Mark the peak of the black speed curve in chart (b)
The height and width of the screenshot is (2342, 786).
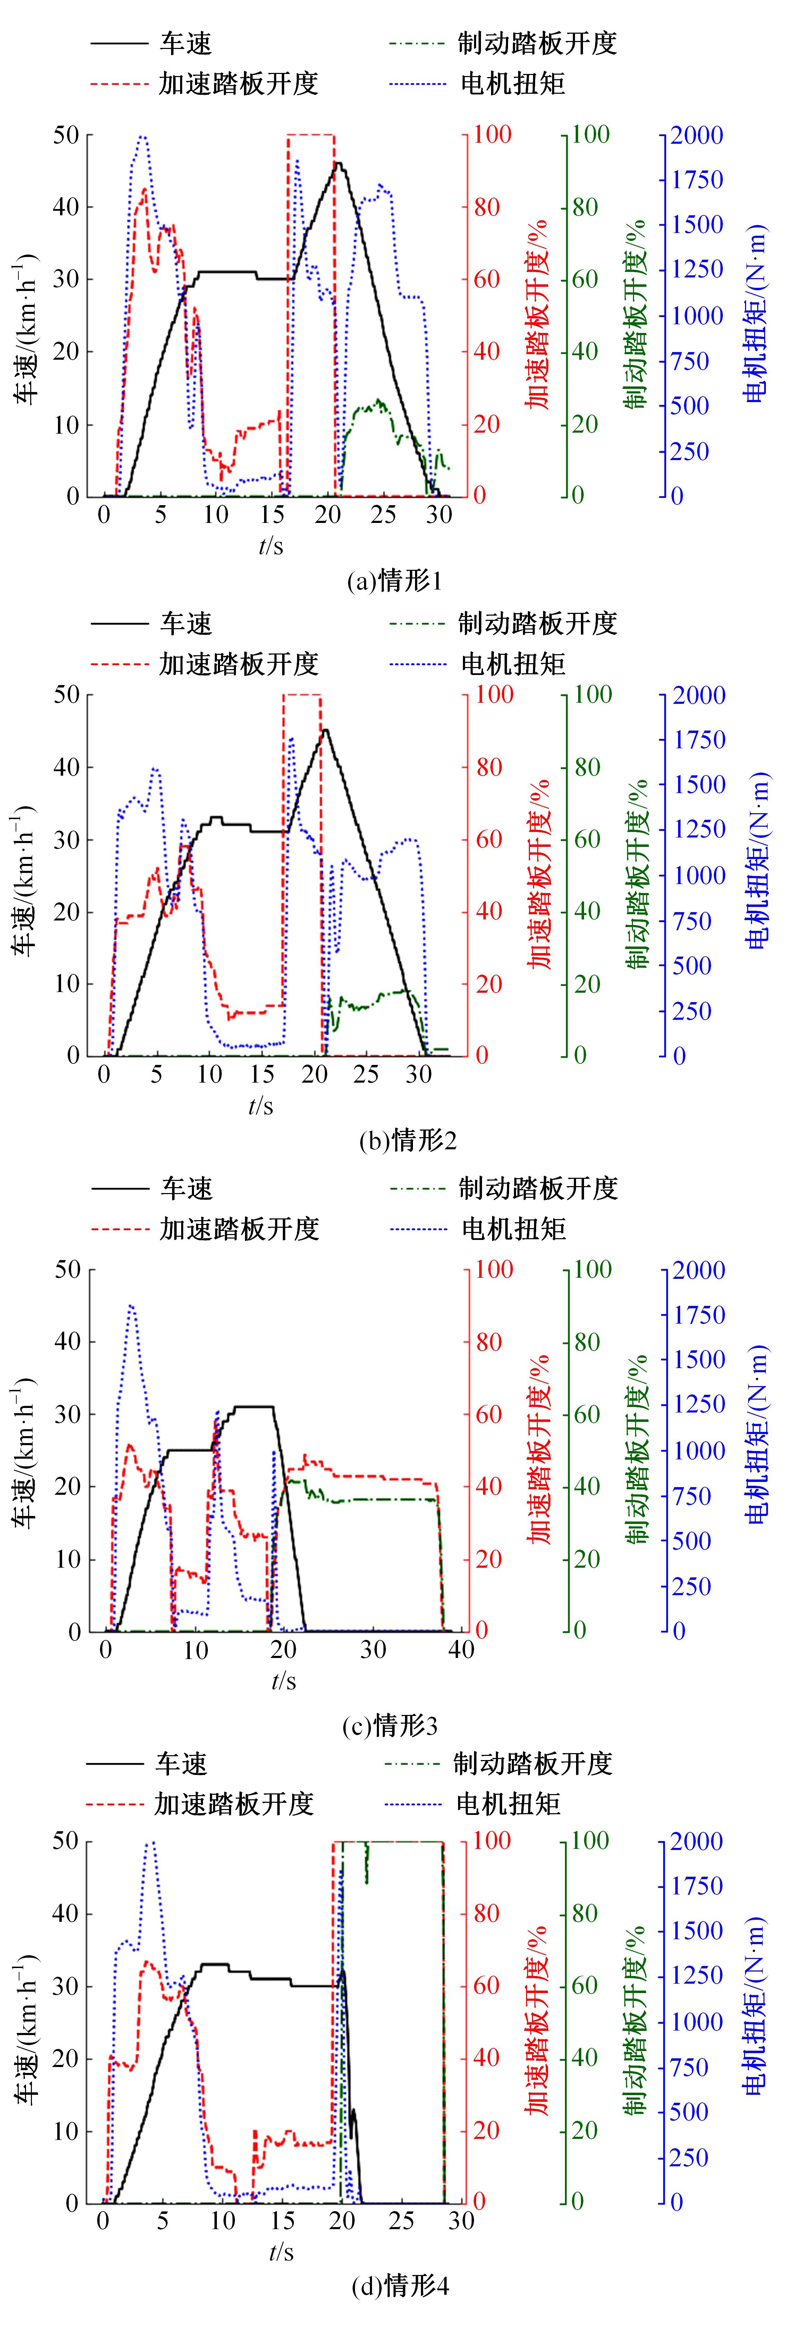click(x=324, y=729)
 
